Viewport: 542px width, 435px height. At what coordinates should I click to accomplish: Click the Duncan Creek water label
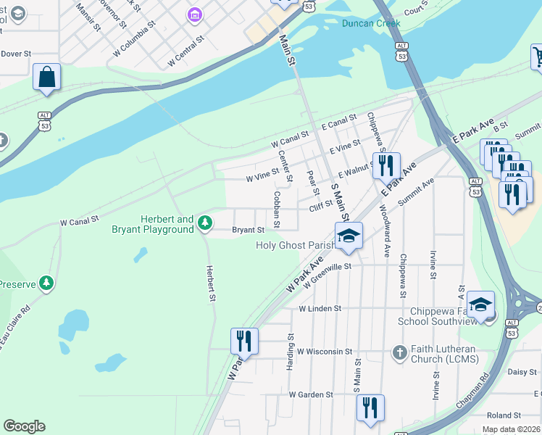[x=371, y=23]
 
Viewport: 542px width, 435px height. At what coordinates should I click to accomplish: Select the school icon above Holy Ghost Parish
[x=349, y=236]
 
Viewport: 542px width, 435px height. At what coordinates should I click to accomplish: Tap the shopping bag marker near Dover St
[x=46, y=77]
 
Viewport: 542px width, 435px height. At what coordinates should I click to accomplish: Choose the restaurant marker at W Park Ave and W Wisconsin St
[x=244, y=341]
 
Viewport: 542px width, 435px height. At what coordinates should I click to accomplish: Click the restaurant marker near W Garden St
[x=370, y=407]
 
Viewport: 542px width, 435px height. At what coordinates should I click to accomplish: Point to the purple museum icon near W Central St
[x=193, y=14]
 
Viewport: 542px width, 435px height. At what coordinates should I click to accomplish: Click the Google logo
[x=24, y=426]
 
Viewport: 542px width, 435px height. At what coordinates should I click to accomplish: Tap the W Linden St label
[x=320, y=308]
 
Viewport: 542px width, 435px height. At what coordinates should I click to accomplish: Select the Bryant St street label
[x=248, y=231]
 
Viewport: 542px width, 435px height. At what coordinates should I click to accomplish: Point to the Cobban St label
[x=277, y=205]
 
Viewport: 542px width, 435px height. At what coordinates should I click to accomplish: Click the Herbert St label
[x=212, y=283]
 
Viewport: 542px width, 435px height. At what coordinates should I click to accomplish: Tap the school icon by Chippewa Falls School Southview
[x=480, y=304]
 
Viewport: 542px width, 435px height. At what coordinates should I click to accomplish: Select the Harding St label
[x=290, y=352]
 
